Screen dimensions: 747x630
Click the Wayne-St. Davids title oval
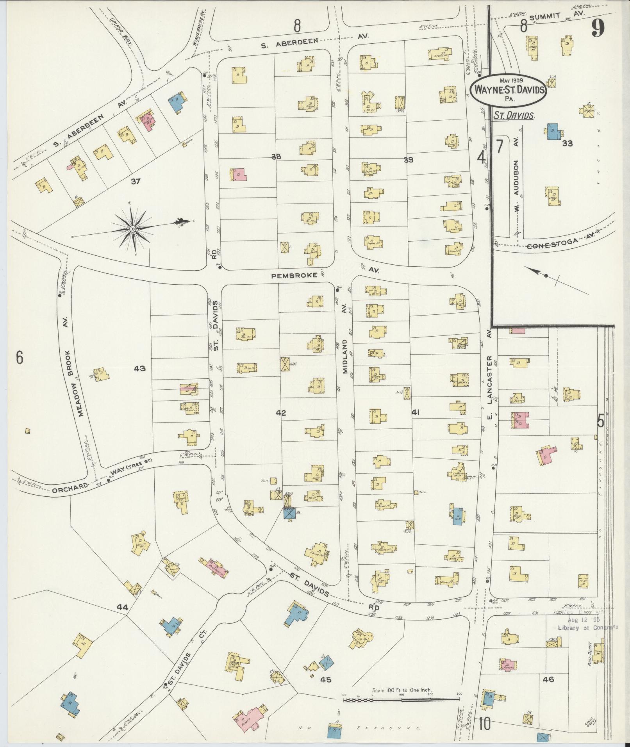coord(508,90)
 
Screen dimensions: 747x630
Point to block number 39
coord(409,160)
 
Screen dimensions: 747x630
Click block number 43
coord(139,368)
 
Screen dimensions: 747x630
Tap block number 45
coord(326,679)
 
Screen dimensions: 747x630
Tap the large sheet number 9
coord(598,28)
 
